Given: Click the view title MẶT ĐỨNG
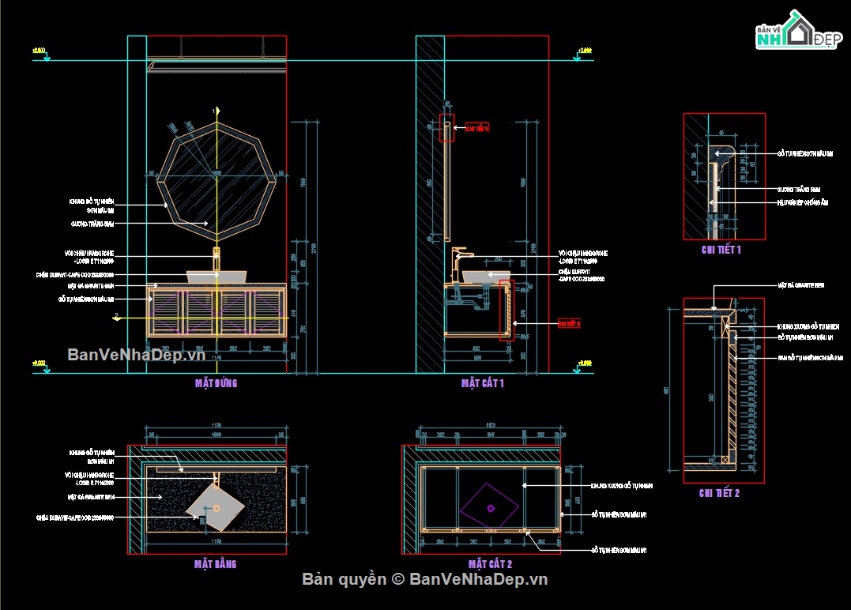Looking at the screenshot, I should coord(216,383).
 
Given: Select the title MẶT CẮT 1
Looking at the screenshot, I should coord(482,383).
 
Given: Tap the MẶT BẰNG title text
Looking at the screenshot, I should coord(215,564).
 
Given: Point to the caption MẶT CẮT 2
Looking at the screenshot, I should coord(490,564).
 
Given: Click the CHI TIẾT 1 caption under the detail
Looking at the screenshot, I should coord(721,250).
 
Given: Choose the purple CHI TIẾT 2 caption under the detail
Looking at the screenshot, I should coord(719,493).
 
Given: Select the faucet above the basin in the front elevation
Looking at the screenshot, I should coord(217,258).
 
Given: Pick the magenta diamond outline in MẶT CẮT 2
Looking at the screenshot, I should coord(491,504).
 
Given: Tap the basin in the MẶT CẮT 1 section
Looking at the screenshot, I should coord(484,277).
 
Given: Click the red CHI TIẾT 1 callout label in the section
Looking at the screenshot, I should coord(477,127).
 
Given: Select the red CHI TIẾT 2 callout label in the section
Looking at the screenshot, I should coord(569,324).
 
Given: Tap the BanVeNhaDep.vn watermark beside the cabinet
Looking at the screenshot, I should coord(136,355).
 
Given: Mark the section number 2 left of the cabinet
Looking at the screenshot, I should coord(117,316).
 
